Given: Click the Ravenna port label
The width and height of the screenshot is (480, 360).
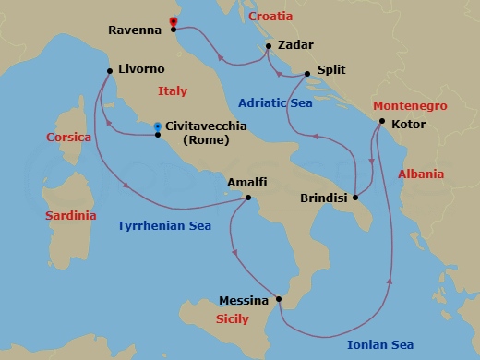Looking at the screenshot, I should [136, 30].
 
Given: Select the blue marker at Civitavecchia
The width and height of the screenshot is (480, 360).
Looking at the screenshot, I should [158, 126].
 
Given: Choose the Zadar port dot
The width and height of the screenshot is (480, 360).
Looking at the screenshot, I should [268, 45].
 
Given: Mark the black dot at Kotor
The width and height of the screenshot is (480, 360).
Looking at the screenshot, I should [381, 122].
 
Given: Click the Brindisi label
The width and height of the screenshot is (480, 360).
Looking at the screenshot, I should [325, 198].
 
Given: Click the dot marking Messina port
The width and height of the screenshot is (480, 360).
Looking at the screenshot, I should [278, 300].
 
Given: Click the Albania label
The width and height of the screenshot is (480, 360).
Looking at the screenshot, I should [420, 174].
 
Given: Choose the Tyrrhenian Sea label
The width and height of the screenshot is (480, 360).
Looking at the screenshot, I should [164, 225].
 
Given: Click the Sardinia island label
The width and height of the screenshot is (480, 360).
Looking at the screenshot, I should [70, 215].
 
